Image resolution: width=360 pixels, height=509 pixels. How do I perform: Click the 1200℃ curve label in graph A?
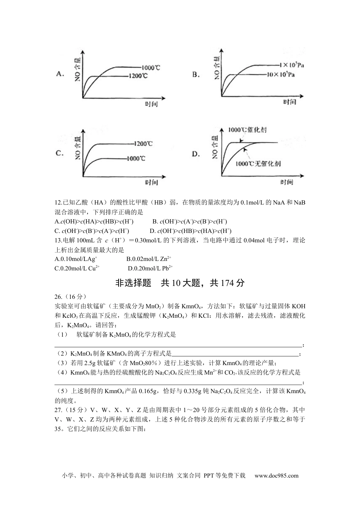click(x=138, y=76)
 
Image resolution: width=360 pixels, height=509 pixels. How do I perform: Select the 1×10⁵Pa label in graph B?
click(x=291, y=65)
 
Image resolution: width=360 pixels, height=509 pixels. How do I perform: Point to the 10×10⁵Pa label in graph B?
click(x=281, y=74)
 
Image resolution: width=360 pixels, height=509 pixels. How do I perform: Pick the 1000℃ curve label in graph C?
click(x=136, y=158)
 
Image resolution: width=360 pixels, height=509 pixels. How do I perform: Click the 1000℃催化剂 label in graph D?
click(x=247, y=130)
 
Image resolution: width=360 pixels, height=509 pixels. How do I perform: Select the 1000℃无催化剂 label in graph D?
click(x=258, y=164)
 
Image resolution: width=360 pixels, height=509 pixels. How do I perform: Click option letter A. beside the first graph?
click(x=60, y=74)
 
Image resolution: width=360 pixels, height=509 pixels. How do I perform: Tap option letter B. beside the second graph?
click(x=196, y=75)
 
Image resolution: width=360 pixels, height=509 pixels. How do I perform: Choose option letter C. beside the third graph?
click(x=59, y=153)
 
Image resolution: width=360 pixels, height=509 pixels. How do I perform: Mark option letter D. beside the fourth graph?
click(x=196, y=154)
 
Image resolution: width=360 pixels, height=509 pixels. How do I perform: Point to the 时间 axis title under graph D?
click(x=287, y=182)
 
